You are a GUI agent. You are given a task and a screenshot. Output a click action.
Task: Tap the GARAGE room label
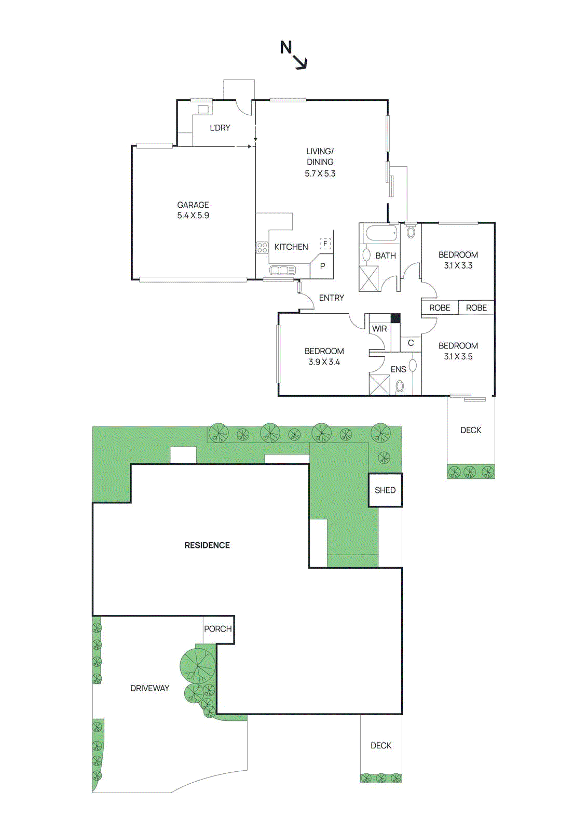tap(193, 205)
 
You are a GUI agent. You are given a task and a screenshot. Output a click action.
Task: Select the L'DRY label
tap(220, 128)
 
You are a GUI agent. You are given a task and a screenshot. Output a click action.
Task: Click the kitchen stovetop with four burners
tap(262, 247)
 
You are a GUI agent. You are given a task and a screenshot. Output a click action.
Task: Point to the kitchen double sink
tap(282, 270)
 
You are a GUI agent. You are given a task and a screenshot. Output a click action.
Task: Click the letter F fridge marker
tap(325, 244)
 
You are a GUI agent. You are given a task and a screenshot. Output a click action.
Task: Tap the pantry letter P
tap(322, 266)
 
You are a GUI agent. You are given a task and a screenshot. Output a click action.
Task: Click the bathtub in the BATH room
tap(381, 232)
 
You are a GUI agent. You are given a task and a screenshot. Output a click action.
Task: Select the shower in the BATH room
tap(369, 278)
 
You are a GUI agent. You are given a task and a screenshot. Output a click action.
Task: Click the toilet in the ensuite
tap(400, 386)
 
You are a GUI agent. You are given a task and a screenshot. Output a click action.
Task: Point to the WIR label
tap(379, 329)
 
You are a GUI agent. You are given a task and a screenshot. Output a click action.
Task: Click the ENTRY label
tap(331, 298)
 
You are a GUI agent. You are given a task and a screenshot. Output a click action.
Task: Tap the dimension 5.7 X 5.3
tap(320, 173)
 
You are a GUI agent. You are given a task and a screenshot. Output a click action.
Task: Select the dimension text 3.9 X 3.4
tap(324, 362)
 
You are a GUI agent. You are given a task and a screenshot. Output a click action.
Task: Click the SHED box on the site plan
tap(385, 490)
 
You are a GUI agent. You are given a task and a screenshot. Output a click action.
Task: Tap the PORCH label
tap(217, 629)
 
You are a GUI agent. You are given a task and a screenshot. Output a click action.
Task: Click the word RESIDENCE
tap(207, 545)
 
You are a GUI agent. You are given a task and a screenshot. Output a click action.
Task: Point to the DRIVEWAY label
tap(149, 688)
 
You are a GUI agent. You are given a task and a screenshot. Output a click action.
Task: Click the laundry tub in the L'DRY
tap(203, 109)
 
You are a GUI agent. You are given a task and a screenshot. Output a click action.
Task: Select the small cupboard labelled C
tap(411, 343)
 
